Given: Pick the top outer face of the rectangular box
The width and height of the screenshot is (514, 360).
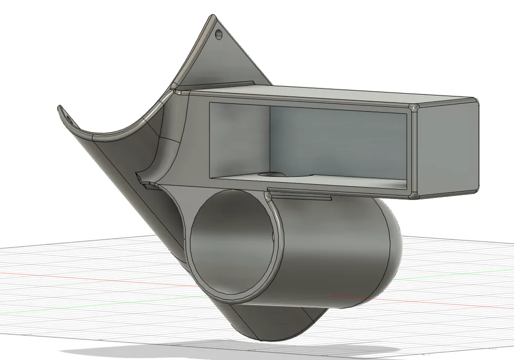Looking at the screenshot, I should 329,95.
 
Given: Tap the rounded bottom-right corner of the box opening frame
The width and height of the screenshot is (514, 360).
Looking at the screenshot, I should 414,194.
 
